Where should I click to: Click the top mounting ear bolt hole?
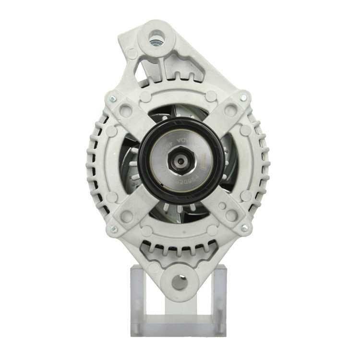156,38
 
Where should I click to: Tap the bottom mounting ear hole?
180,282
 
